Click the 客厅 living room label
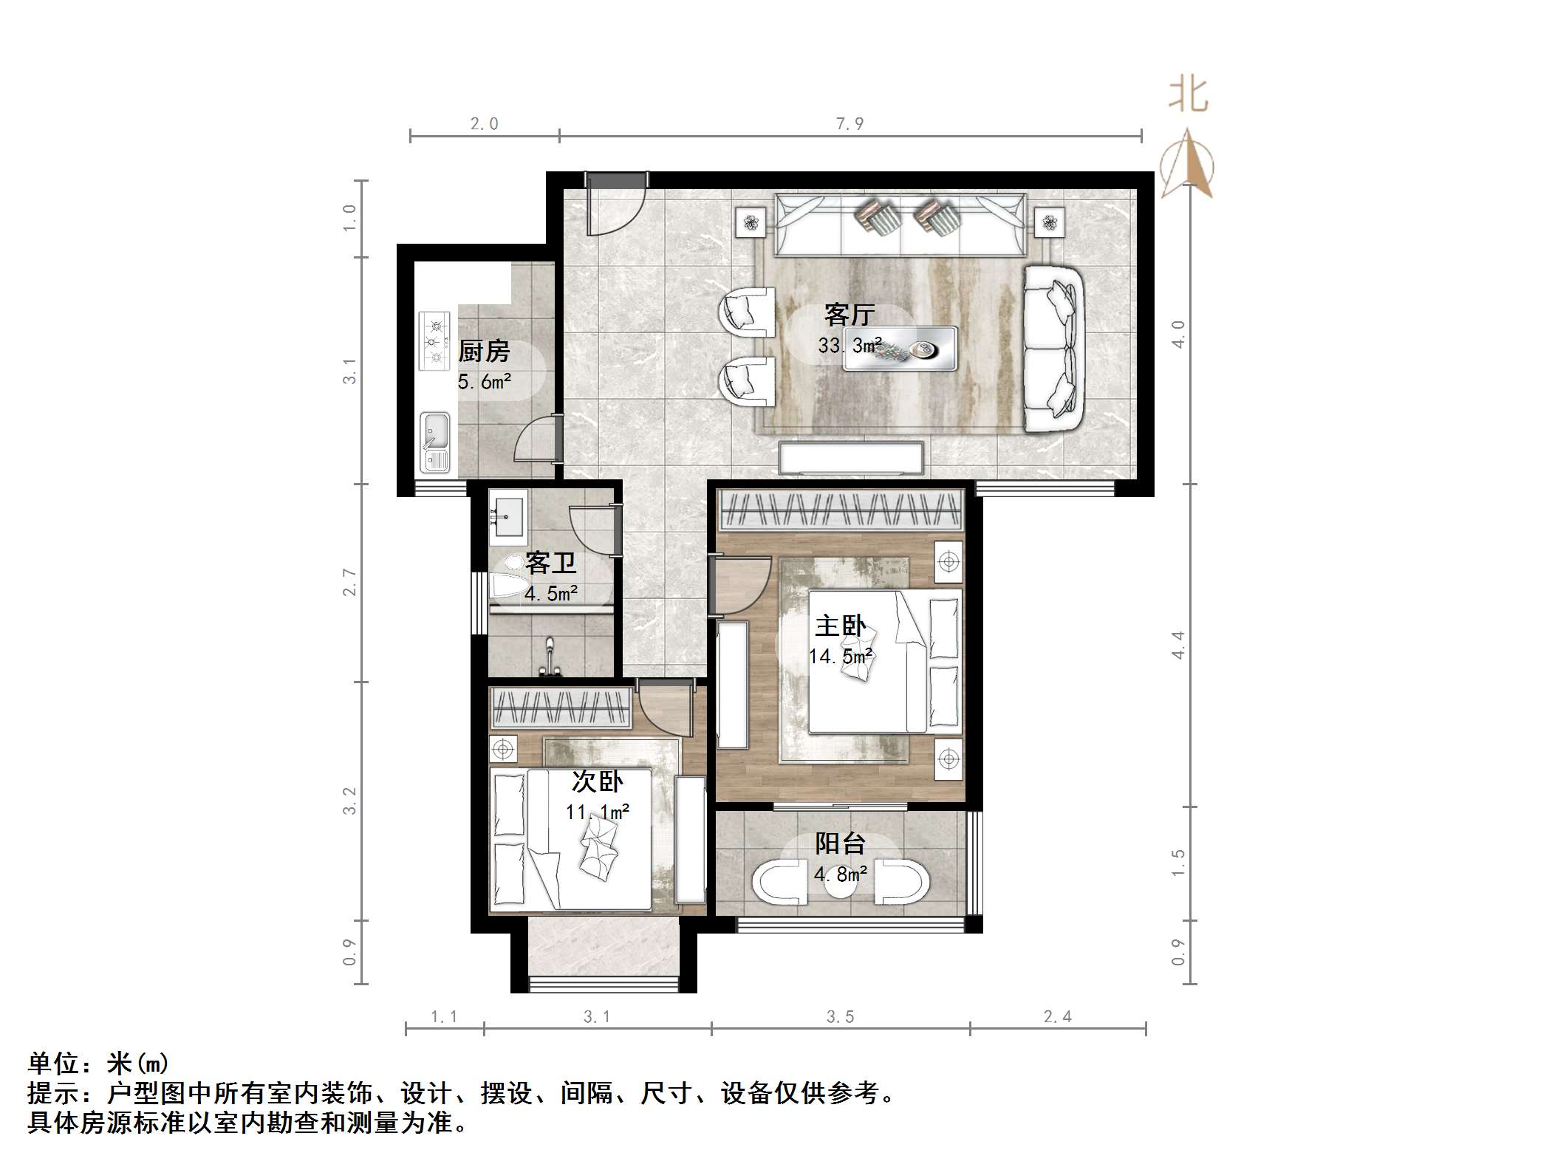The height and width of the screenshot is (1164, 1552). (x=850, y=315)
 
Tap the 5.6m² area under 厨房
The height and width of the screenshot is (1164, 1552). (x=484, y=382)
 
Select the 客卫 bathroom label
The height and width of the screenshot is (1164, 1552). (x=550, y=564)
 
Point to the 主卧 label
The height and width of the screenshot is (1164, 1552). (x=840, y=626)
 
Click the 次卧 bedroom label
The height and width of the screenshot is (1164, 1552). (x=597, y=781)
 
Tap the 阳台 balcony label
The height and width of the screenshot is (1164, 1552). (x=840, y=843)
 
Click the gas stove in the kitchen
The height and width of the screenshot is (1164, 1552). (x=434, y=340)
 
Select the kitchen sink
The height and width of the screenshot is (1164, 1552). (x=434, y=441)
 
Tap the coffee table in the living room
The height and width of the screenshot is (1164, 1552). (x=900, y=348)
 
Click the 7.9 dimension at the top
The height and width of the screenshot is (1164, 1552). (x=850, y=124)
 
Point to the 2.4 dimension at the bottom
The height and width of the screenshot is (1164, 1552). (x=1057, y=1017)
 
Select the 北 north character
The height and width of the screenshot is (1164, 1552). (x=1188, y=95)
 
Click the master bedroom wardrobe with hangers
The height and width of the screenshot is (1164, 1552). (x=841, y=509)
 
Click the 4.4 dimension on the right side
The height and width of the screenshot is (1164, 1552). (x=1177, y=645)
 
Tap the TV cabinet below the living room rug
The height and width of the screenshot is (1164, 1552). (x=852, y=457)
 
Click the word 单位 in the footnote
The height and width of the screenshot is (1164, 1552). (x=53, y=1064)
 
